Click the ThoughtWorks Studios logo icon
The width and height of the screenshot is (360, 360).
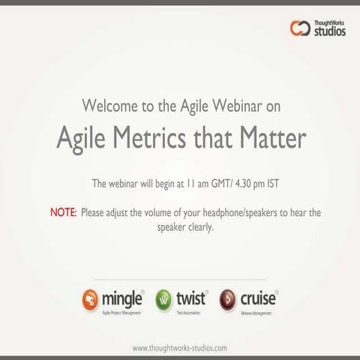pos(300,28)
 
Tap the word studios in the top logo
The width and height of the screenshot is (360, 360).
pos(330,32)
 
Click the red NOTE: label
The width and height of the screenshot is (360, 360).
pos(63,213)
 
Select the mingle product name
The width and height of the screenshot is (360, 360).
pos(122,298)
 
